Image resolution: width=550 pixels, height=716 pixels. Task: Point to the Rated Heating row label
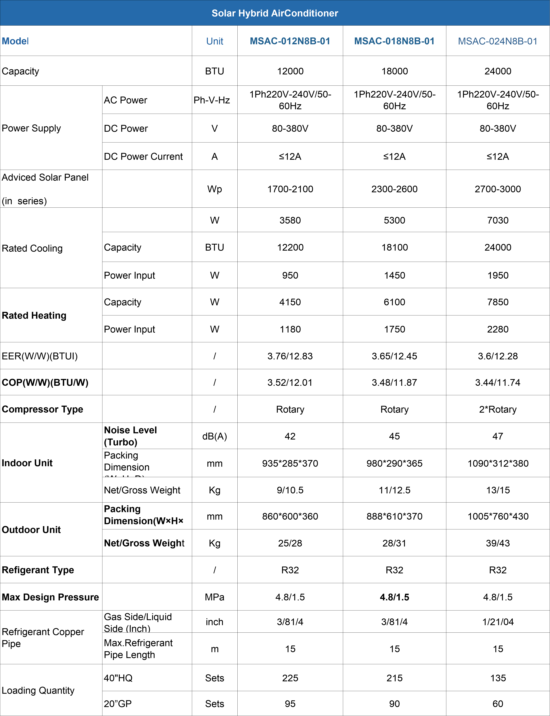coord(34,315)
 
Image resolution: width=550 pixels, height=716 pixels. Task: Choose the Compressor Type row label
coord(43,409)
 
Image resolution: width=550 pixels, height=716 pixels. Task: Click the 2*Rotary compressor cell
coord(498,409)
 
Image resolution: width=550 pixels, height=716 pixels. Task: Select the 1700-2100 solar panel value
coord(290,189)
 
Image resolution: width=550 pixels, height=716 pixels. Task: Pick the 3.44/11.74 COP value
coord(498,383)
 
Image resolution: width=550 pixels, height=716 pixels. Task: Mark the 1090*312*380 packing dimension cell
coord(498,463)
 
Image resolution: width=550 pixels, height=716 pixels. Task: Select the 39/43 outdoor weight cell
coord(498,543)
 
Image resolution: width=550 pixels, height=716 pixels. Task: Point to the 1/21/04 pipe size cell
coord(498,622)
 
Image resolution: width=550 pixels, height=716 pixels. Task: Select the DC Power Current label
coord(143,157)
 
